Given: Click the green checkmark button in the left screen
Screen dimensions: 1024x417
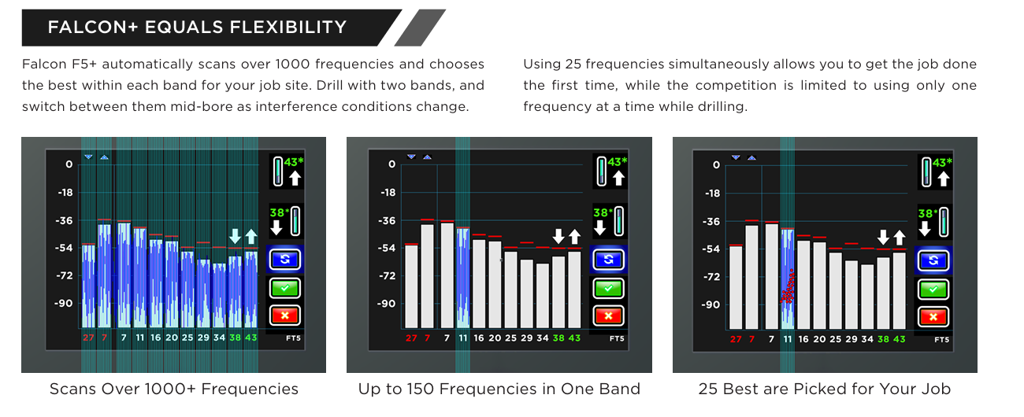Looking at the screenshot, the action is coord(284,288).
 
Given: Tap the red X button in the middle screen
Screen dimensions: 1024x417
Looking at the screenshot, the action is coord(608,316).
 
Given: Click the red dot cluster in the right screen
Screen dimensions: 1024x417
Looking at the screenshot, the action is coord(788,287).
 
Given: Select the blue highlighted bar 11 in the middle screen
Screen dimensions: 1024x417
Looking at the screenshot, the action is coord(463,278).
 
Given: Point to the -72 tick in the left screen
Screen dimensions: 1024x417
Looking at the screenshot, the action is coord(65,275).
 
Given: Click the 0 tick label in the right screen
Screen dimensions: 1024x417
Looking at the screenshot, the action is coord(716,165).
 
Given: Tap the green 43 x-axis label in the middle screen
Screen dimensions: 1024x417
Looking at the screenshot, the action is coord(574,338).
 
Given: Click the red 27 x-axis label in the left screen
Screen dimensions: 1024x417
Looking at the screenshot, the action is coord(88,338).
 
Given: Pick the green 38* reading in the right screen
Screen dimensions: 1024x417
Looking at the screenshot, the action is coord(928,213).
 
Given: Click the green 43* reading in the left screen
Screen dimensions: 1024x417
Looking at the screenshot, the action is coord(294,161).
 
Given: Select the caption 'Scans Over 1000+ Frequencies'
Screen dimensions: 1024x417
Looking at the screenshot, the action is coord(174,389).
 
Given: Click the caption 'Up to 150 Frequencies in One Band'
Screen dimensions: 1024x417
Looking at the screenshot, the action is coord(499,389).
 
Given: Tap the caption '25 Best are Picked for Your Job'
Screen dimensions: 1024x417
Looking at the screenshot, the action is coord(825,389).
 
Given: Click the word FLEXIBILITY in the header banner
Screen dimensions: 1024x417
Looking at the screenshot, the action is coord(288,27).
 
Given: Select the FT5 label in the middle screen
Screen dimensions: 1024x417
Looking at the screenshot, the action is coord(617,338).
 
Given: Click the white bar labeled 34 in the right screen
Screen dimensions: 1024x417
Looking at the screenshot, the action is coord(867,297).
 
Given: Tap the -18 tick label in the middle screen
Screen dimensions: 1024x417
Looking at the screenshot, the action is coord(388,193).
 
